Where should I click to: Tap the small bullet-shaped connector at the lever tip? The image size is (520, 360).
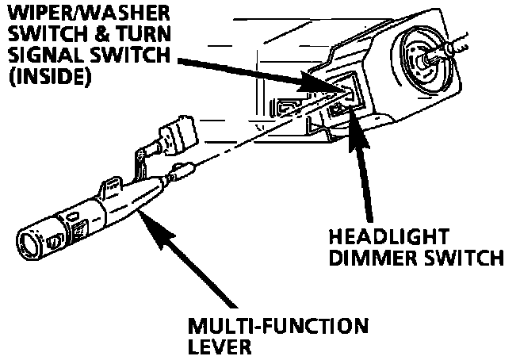click(x=182, y=170)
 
